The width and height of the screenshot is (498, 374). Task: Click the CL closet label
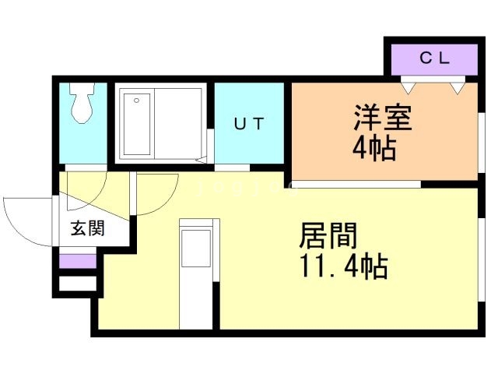pos(434,58)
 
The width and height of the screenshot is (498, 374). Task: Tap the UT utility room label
pos(249,124)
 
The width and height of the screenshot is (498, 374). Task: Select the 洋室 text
pos(382,118)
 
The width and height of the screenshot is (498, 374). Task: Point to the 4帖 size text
pos(375,149)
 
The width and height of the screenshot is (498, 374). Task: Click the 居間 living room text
pos(328,235)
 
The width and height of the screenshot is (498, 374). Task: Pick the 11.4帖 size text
pos(344,266)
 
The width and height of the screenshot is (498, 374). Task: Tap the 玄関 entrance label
pos(87,228)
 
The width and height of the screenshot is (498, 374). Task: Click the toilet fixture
pos(82,103)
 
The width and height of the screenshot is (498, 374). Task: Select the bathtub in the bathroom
pos(137,124)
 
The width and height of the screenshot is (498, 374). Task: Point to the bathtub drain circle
pos(137,101)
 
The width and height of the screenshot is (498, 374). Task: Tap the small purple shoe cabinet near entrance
pos(78,262)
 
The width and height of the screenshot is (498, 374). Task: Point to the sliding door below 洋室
pos(356,184)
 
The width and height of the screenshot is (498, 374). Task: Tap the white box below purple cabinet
pos(78,284)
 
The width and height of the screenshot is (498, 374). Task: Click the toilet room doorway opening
pos(86,168)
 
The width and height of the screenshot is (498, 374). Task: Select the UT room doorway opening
pos(232,168)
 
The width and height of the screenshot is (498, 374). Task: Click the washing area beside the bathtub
pos(178,124)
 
